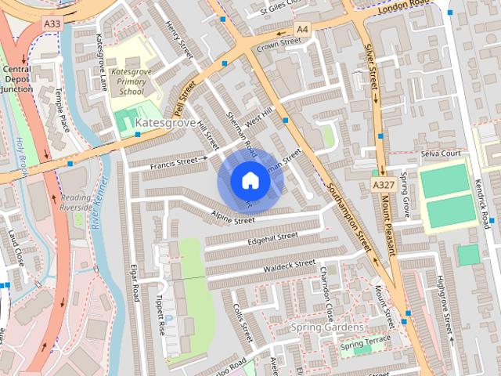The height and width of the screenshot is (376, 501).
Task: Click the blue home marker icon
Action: [x=250, y=180]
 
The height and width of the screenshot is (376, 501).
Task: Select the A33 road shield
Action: [x=52, y=24]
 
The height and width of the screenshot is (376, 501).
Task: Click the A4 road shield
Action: [x=301, y=29]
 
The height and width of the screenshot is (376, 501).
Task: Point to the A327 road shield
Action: [x=383, y=183]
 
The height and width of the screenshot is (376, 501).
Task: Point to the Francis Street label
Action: [x=175, y=162]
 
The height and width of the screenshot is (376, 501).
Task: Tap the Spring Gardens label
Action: [x=326, y=326]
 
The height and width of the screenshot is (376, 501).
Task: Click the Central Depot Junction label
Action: [x=16, y=78]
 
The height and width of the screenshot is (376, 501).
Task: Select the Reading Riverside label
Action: [x=77, y=202]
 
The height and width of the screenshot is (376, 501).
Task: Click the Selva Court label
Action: [x=442, y=154]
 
